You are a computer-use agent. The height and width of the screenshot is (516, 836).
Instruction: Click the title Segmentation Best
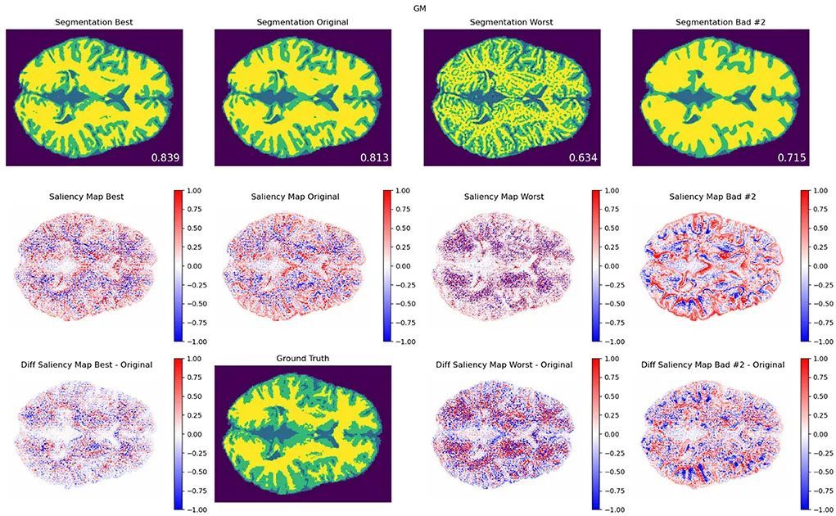[x=94, y=21]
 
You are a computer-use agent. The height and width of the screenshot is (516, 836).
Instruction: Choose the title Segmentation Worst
[x=512, y=21]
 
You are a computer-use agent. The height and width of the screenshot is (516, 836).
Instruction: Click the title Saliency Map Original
[x=295, y=197]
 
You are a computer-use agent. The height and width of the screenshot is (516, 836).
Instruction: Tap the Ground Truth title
[x=303, y=359]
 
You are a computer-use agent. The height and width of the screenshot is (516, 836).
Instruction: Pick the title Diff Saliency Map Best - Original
[x=88, y=364]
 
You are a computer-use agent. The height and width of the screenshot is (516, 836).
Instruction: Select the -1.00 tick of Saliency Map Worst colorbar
[x=615, y=342]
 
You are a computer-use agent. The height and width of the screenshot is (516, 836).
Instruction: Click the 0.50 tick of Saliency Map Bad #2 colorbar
[x=823, y=229]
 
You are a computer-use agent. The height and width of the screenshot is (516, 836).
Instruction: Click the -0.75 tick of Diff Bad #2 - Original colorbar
[x=823, y=491]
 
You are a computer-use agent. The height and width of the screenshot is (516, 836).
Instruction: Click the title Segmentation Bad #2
[x=721, y=21]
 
